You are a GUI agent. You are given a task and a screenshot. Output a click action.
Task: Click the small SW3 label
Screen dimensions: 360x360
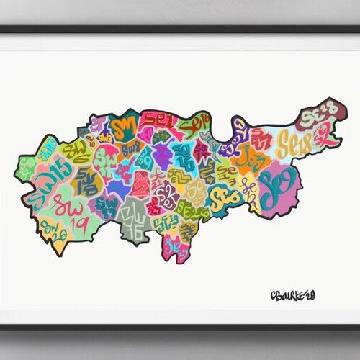[x=105, y=136]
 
